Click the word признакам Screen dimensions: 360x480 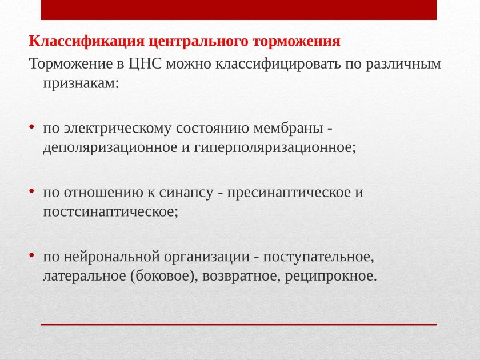click(x=80, y=83)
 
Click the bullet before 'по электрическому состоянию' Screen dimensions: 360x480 click(x=33, y=126)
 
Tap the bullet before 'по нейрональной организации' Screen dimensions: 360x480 click(x=33, y=255)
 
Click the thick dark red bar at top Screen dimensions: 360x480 click(x=239, y=10)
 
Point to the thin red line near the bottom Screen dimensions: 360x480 click(x=239, y=325)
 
